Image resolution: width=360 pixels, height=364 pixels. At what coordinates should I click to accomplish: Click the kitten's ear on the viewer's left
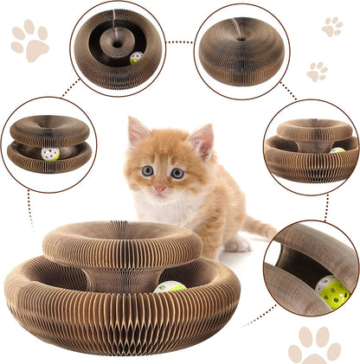[137, 131]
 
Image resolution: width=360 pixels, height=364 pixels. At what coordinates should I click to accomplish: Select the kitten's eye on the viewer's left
[147, 171]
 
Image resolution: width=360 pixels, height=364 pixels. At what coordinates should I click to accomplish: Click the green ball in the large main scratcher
[170, 287]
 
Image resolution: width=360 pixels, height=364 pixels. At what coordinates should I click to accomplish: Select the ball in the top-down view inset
[136, 58]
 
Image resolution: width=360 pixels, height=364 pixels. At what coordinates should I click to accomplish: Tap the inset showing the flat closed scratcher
[241, 50]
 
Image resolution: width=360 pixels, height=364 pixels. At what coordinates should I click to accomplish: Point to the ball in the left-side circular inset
[50, 154]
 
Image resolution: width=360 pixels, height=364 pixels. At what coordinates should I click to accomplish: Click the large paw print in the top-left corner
[29, 41]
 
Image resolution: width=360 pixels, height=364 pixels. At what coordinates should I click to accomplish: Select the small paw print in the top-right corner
[331, 27]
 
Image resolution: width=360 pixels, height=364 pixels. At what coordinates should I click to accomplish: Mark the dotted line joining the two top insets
[180, 41]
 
